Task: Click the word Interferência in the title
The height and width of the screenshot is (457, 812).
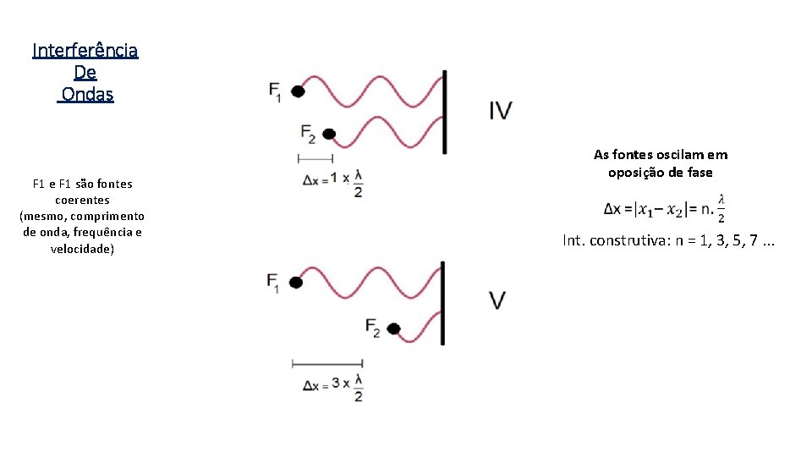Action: [85, 51]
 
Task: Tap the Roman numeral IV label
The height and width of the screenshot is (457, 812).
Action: [500, 110]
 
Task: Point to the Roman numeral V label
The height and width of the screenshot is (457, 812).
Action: [498, 300]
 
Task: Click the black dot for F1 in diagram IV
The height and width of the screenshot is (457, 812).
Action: [298, 91]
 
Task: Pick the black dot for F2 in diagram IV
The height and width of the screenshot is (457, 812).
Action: [329, 134]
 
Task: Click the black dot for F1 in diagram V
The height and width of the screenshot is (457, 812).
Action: [295, 283]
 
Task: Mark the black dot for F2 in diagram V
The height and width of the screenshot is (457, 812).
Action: [392, 328]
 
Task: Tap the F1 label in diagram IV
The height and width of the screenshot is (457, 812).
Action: [276, 91]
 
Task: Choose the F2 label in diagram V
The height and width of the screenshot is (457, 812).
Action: [373, 328]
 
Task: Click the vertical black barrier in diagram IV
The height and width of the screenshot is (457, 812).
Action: [443, 112]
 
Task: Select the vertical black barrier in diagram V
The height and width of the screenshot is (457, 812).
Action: [442, 302]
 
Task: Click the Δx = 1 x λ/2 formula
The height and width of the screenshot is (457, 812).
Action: [332, 181]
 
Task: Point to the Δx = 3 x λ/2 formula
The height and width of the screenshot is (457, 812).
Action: [333, 385]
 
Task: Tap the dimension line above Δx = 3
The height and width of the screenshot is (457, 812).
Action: [326, 363]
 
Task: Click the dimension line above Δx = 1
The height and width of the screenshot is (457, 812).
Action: [315, 158]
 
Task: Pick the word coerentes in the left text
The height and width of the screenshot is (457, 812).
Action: [82, 201]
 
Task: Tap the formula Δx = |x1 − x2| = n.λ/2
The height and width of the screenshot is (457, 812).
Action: [665, 208]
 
